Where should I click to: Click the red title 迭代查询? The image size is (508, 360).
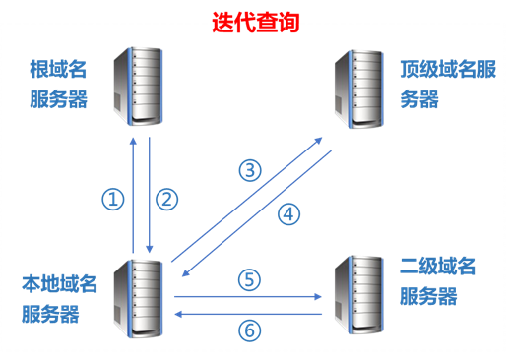253,21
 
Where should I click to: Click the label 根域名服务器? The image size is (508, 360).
58,85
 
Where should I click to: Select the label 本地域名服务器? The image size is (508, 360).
60,299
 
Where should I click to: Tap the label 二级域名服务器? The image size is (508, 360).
438,281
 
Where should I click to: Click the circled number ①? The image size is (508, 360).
114,199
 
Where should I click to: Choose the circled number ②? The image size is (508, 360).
167,199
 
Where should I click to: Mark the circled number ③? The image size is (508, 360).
251,169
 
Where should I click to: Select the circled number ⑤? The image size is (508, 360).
250,279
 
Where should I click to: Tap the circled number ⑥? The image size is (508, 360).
250,330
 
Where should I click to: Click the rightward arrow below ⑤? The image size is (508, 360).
248,294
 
